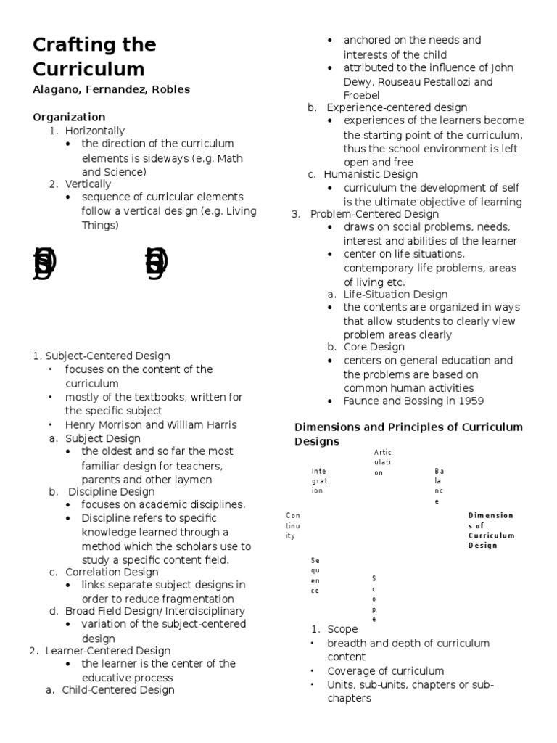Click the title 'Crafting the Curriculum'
click(x=94, y=57)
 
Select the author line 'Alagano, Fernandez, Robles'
click(x=111, y=90)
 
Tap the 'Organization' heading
click(x=69, y=117)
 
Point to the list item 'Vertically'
click(x=88, y=184)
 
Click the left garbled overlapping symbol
click(x=44, y=263)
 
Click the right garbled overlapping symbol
click(x=156, y=263)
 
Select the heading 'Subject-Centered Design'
click(x=107, y=356)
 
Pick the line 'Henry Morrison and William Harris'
click(x=151, y=424)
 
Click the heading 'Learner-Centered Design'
click(x=108, y=650)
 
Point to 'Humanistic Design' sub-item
click(x=370, y=174)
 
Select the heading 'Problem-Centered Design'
click(x=374, y=214)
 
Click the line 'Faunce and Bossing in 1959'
click(x=413, y=401)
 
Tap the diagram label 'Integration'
click(x=319, y=480)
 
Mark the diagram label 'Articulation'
click(x=382, y=462)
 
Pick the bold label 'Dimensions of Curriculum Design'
click(x=491, y=530)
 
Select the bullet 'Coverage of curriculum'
click(x=385, y=671)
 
